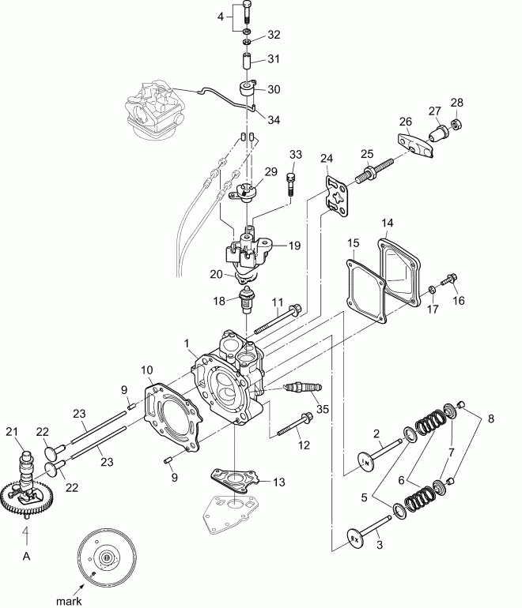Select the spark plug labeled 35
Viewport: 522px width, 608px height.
(304, 388)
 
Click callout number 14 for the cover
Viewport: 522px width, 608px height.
(387, 223)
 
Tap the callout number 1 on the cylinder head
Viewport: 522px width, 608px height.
(187, 344)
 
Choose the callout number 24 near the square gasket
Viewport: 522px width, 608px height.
(327, 159)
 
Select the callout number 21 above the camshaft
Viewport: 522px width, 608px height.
(11, 430)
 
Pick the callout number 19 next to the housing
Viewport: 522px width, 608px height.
(294, 246)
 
